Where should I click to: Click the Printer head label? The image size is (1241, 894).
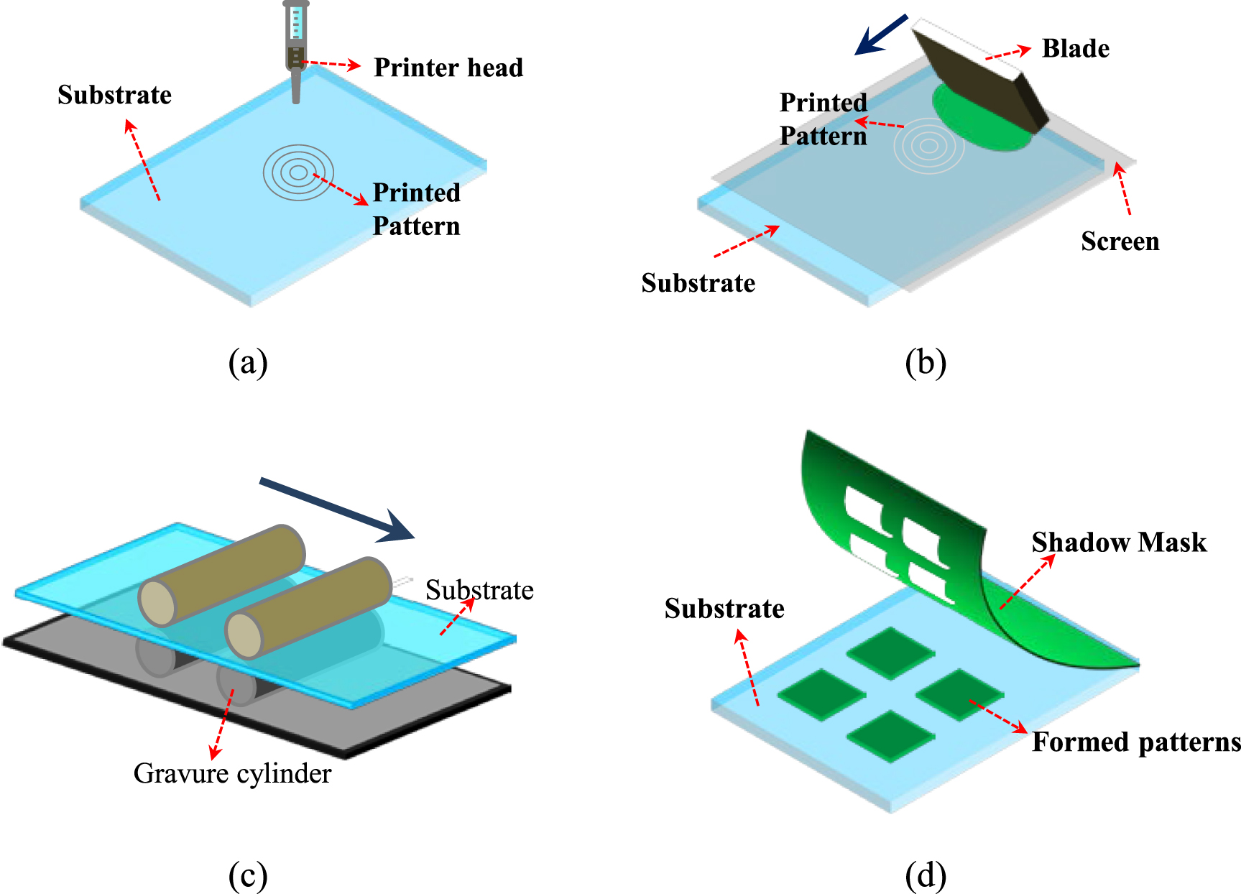[x=448, y=68]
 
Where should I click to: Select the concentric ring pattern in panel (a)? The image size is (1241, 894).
[x=297, y=172]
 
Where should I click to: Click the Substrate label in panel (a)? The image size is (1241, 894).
[x=114, y=95]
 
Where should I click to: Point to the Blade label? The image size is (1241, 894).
[x=1075, y=49]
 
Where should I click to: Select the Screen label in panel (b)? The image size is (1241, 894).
[x=1120, y=241]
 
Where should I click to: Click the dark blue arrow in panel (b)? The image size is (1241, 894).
[x=882, y=34]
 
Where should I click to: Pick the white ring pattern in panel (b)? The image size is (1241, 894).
[x=928, y=146]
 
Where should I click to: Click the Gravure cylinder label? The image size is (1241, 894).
[x=232, y=773]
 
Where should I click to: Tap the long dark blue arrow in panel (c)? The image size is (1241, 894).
[x=338, y=510]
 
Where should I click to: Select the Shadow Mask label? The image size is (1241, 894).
[x=1119, y=543]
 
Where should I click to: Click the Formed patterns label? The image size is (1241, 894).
[x=1135, y=742]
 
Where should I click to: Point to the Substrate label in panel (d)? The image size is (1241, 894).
[x=724, y=609]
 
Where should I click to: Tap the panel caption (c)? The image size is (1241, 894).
[x=248, y=875]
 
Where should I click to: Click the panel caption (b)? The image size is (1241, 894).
[x=926, y=363]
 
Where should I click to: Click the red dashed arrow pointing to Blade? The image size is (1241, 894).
[x=1007, y=53]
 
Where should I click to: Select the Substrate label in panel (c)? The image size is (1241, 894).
[x=479, y=590]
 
